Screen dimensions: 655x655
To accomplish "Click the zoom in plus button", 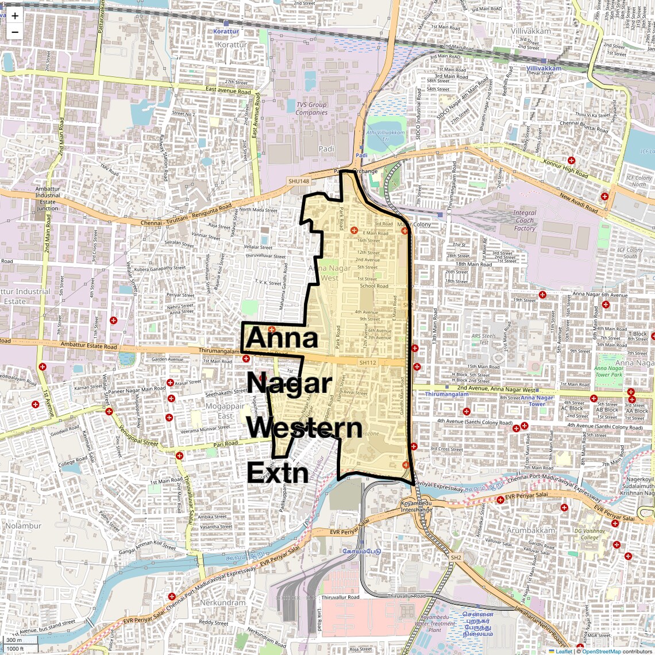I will tap(15, 16).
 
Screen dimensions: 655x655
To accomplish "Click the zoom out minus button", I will tap(15, 32).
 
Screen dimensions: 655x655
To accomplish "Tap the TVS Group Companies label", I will tap(311, 109).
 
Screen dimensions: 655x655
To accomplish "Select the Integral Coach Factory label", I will tap(524, 220).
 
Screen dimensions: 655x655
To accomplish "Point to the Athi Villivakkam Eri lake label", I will tap(386, 136).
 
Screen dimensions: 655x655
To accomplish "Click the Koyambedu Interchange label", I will tap(416, 506).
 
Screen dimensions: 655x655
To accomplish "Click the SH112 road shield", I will tap(367, 363).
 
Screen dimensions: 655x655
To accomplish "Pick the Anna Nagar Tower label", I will tap(537, 400).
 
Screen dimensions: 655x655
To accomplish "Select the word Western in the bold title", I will tap(305, 428).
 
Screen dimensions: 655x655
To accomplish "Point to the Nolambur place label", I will tap(24, 525).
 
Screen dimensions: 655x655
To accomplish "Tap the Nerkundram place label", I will tap(222, 603).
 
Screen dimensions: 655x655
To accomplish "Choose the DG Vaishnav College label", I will tap(589, 534).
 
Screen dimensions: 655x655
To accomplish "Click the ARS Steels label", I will tap(483, 339).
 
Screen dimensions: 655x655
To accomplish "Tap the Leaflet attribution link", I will tap(563, 651).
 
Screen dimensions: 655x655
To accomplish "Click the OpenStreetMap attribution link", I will tap(601, 651).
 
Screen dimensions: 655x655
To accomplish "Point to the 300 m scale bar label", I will tap(14, 640).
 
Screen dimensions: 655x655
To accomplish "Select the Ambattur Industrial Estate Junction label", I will tap(48, 198).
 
